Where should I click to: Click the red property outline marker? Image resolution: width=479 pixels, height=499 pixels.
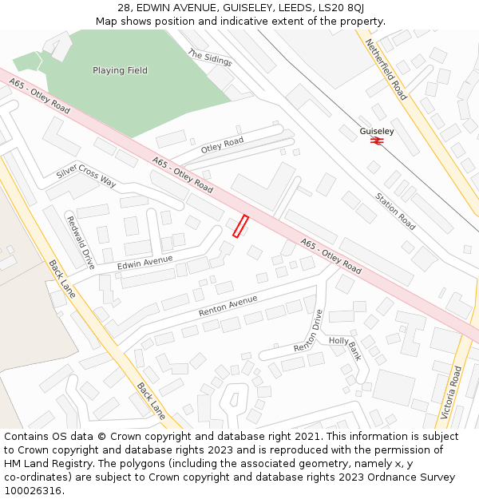pyautogui.click(x=240, y=226)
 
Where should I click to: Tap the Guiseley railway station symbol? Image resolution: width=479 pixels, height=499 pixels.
pyautogui.click(x=377, y=141)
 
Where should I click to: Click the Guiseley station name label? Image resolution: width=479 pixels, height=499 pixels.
pyautogui.click(x=377, y=131)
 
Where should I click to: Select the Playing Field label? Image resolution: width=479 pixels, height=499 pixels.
pyautogui.click(x=120, y=70)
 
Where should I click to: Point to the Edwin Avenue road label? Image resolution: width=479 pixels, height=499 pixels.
pyautogui.click(x=144, y=261)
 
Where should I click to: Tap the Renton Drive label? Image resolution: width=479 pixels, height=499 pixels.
pyautogui.click(x=307, y=331)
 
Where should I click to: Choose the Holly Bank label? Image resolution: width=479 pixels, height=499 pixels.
pyautogui.click(x=345, y=348)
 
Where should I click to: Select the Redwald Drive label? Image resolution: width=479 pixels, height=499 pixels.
pyautogui.click(x=81, y=242)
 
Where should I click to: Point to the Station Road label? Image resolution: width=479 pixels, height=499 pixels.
pyautogui.click(x=396, y=211)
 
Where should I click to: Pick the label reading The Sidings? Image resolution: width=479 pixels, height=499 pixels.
pyautogui.click(x=209, y=57)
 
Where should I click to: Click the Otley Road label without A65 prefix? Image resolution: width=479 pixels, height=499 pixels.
pyautogui.click(x=222, y=145)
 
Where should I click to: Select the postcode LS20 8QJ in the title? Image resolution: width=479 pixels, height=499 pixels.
pyautogui.click(x=340, y=7)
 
